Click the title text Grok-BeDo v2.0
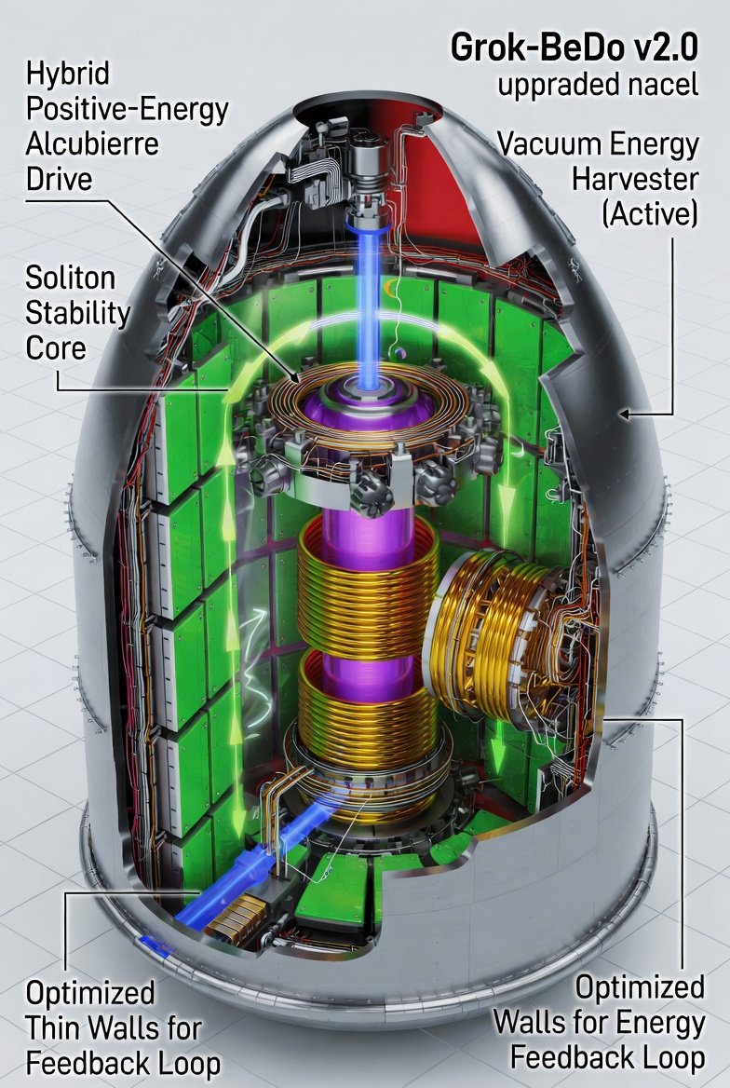point(574,48)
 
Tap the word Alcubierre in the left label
point(92,143)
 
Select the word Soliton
point(70,278)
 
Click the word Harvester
point(635,179)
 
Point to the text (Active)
point(650,213)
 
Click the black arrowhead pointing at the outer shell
point(625,415)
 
